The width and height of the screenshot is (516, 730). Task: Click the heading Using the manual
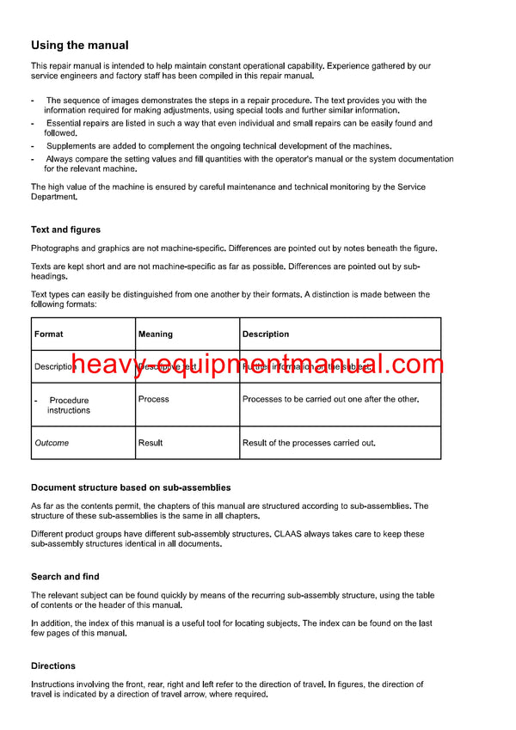coord(80,46)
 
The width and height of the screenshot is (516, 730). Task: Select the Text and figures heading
coord(65,230)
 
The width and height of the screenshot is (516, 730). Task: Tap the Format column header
coord(48,334)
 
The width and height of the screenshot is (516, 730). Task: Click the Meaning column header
coord(155,334)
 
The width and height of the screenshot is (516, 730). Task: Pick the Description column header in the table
coord(266,334)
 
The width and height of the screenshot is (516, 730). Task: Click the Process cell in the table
coord(153,399)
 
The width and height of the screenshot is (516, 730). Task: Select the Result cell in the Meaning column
coord(150,443)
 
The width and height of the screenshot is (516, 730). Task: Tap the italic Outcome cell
coord(52,443)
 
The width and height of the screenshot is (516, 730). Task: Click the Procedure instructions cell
coord(69,405)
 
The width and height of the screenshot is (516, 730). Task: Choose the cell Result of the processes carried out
coord(309,443)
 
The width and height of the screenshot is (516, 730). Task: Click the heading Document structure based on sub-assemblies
coord(131,488)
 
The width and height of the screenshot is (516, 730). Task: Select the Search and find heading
coord(64,576)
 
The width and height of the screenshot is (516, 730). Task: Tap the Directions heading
coord(53,666)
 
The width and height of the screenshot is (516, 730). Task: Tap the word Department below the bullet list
coord(53,197)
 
